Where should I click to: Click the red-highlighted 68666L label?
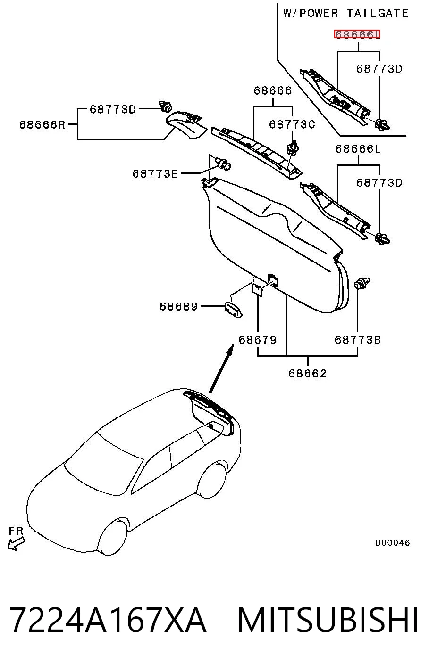357,35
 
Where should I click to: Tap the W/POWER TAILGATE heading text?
345,14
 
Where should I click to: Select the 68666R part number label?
42,124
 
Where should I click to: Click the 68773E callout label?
155,174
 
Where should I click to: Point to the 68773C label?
292,124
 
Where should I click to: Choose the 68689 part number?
178,306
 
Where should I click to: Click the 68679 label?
258,340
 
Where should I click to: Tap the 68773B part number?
358,340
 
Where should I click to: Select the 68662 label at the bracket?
308,374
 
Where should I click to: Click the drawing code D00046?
393,542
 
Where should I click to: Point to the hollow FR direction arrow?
16,543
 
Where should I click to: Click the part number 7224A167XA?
108,620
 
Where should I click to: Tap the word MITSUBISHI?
328,620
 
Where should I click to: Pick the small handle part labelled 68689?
234,310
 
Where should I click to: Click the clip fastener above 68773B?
362,283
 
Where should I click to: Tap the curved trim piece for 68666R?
186,124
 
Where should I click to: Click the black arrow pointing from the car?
221,368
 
